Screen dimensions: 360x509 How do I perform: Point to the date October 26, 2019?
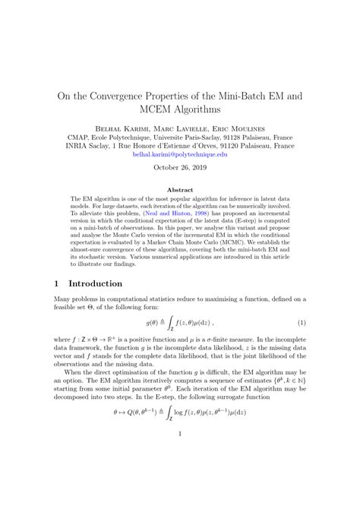pyautogui.click(x=180, y=170)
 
